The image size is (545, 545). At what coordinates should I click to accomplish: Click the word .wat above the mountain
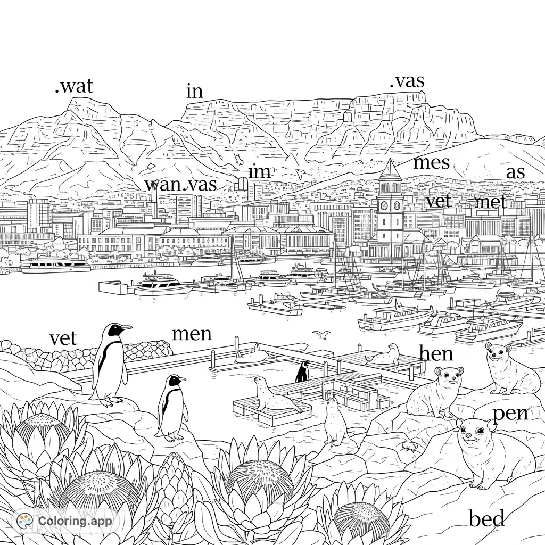click(x=74, y=86)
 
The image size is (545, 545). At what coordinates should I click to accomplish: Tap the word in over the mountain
click(x=195, y=92)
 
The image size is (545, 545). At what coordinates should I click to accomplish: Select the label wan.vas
click(x=181, y=185)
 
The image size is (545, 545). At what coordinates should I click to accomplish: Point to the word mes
click(x=431, y=162)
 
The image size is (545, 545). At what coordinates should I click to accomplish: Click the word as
click(x=515, y=172)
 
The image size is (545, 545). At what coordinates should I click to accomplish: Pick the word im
click(x=260, y=172)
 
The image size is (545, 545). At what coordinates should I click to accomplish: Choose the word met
click(x=491, y=202)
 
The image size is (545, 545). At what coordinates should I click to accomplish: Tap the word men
click(x=192, y=334)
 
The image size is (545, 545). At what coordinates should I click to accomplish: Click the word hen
click(x=436, y=353)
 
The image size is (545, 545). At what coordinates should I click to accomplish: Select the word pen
click(x=510, y=413)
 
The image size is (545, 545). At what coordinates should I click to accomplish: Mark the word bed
click(x=486, y=518)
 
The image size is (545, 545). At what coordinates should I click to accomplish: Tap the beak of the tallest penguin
click(x=126, y=328)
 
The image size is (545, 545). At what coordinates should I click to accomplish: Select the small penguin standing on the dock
click(x=302, y=371)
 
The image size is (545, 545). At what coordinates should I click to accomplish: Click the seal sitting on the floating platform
click(x=271, y=395)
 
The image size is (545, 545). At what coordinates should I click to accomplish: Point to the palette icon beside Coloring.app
click(x=25, y=520)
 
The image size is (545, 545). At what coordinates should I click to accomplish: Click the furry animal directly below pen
click(x=492, y=452)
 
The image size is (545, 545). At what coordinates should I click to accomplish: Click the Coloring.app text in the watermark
click(x=75, y=521)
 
